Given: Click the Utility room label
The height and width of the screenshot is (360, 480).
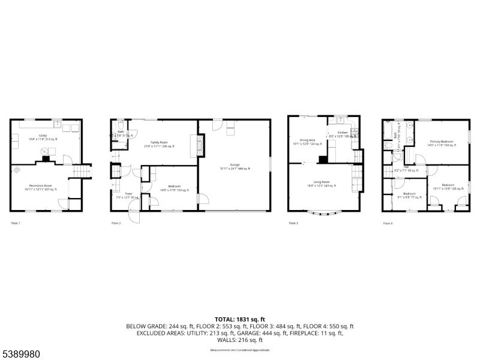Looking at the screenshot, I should (43, 137).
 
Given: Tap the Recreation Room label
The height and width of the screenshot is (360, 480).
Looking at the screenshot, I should (40, 187).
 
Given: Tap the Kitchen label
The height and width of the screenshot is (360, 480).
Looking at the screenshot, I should (343, 134).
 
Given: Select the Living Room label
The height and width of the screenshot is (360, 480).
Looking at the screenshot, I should (321, 183).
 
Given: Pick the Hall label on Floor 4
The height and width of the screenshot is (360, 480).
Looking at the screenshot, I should (406, 168).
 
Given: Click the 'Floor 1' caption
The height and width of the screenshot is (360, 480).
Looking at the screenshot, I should (16, 223).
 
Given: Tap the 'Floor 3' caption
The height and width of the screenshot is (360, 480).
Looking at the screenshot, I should (293, 223).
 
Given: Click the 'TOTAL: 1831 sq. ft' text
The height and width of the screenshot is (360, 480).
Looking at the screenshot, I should (239, 319).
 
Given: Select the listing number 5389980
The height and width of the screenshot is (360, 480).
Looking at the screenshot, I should (20, 354).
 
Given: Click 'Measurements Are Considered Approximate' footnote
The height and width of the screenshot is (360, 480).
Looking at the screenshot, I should (239, 350).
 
